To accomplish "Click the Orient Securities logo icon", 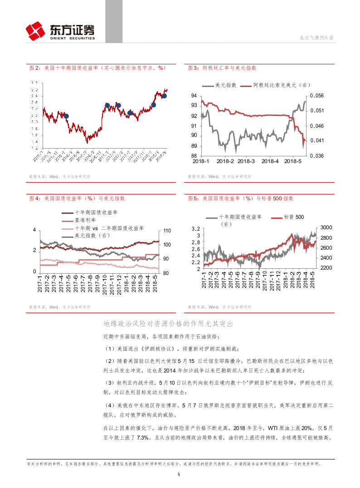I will point(36,31).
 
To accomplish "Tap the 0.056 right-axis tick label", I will point(316,96).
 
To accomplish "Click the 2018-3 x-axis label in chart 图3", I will point(246,161).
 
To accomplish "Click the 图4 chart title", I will point(77,198).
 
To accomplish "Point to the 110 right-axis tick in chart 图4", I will point(167,230).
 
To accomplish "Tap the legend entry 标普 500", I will point(293,218).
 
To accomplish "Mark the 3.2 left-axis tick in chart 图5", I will point(195,229).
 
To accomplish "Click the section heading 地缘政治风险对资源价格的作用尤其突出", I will point(168,324).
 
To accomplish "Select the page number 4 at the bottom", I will point(180,474).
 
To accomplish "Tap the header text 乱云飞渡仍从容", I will point(317,38).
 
